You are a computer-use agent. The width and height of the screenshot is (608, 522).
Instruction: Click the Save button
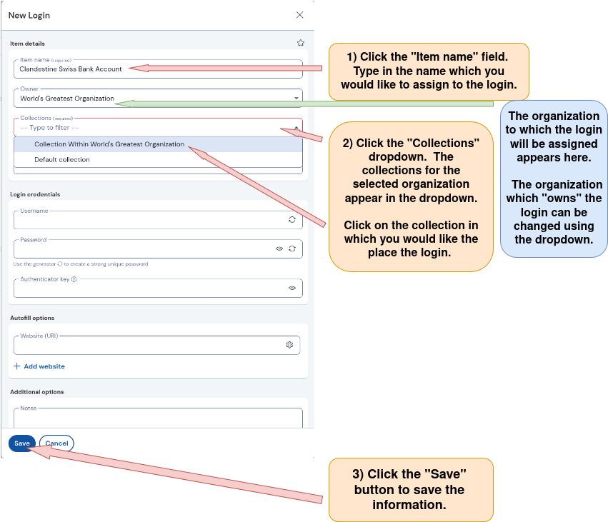tap(21, 443)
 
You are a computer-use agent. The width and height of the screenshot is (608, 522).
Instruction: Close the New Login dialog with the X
tap(300, 15)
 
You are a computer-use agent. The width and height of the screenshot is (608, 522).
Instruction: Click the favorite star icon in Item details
tap(301, 43)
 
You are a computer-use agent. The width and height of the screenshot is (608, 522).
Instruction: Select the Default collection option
tap(62, 160)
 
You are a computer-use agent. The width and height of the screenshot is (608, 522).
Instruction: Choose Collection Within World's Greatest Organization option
tap(109, 144)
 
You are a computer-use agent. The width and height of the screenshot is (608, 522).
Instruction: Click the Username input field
tap(143, 220)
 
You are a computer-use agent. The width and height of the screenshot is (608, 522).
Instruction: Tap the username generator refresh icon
tap(292, 220)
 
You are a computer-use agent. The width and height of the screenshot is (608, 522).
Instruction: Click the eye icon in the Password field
tap(279, 249)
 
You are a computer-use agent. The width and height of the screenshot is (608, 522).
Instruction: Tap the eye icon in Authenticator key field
tap(292, 288)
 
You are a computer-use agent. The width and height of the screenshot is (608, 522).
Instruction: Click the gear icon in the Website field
tap(289, 345)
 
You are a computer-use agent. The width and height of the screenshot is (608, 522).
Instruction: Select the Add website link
tap(39, 366)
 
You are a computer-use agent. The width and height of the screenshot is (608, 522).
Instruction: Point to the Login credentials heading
tap(35, 194)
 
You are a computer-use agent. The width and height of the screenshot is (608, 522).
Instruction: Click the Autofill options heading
tap(32, 318)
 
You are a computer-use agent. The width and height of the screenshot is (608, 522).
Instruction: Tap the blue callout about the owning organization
tap(554, 179)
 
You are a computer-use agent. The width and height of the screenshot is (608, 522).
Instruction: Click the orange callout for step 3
tap(410, 490)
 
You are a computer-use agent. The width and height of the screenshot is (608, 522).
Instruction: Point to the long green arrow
tap(307, 104)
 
